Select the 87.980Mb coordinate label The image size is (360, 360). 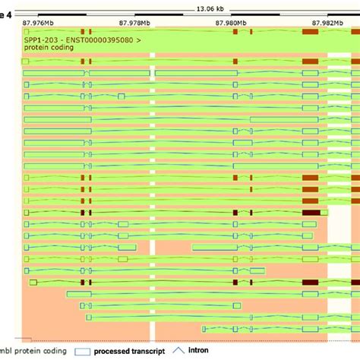click(231, 23)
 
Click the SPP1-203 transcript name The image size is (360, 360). click(38, 37)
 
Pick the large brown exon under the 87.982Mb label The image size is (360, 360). click(310, 32)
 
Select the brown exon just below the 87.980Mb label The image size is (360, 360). click(235, 32)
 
